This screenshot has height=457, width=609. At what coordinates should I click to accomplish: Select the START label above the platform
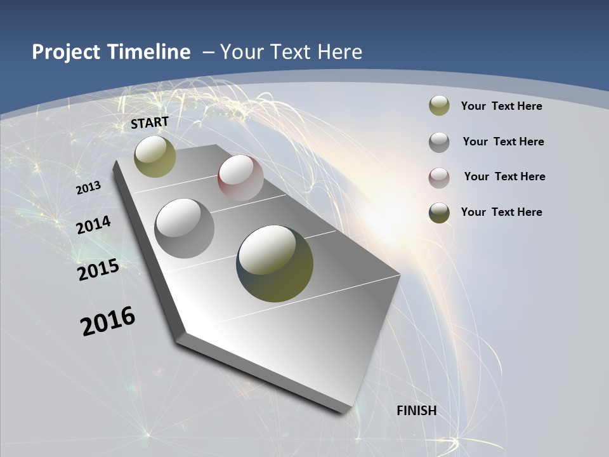(150, 123)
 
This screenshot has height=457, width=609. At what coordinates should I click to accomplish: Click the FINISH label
(417, 411)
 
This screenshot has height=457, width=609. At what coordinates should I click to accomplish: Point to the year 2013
(88, 188)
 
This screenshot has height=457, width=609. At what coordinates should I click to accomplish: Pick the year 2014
(93, 225)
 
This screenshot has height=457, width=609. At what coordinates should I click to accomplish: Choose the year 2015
(98, 270)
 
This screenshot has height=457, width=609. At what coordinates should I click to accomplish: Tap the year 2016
(108, 321)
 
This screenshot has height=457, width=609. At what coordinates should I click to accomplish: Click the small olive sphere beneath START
(155, 156)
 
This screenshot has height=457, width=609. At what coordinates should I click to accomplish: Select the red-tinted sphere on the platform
(240, 178)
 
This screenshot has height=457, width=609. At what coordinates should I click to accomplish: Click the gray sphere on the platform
(185, 228)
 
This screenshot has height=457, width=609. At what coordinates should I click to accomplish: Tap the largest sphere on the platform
(275, 263)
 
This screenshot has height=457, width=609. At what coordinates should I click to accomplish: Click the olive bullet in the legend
(439, 106)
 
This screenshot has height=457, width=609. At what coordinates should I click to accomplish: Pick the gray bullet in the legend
(439, 142)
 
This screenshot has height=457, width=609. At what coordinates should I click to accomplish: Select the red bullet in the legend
(439, 177)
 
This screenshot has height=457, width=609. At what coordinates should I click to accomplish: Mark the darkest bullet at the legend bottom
(439, 212)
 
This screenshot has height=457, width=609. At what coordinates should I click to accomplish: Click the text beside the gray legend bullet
(503, 142)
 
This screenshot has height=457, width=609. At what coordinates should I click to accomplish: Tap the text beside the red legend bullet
(504, 176)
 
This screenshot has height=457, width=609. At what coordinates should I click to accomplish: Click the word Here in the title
(339, 52)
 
